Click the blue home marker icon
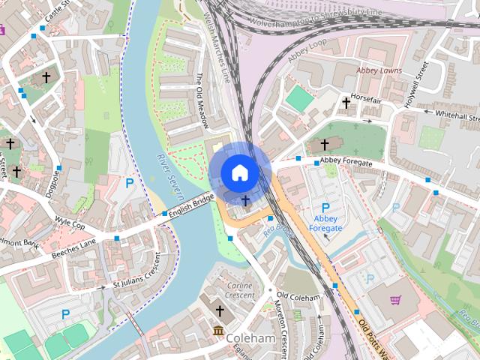[239, 172]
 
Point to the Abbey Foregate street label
[346, 160]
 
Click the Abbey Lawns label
[379, 70]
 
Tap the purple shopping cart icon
[395, 300]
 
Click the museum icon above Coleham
[219, 331]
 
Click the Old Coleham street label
[298, 297]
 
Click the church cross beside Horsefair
[346, 103]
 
